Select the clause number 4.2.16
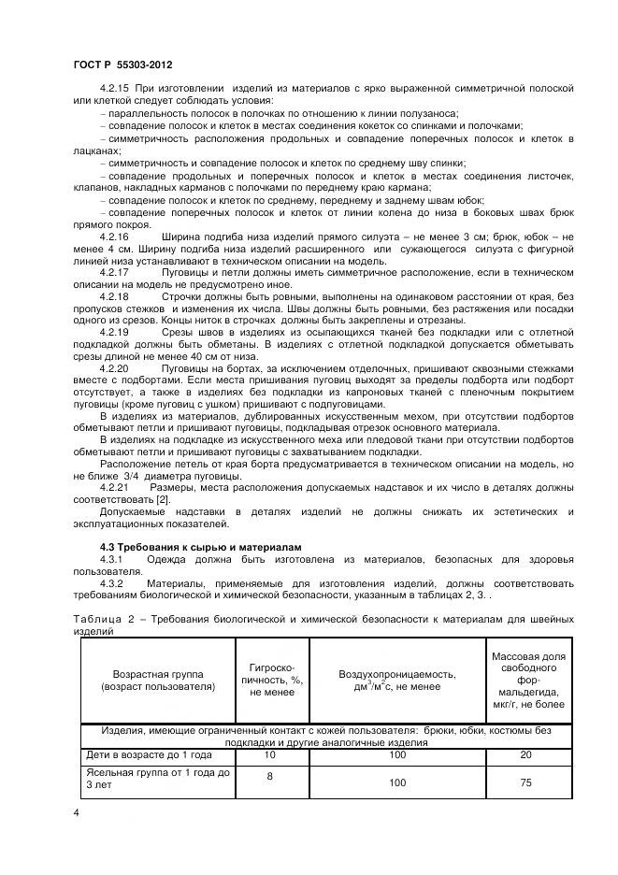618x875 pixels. [x=115, y=237]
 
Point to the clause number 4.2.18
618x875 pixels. [x=115, y=296]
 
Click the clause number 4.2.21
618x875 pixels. [x=115, y=487]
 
